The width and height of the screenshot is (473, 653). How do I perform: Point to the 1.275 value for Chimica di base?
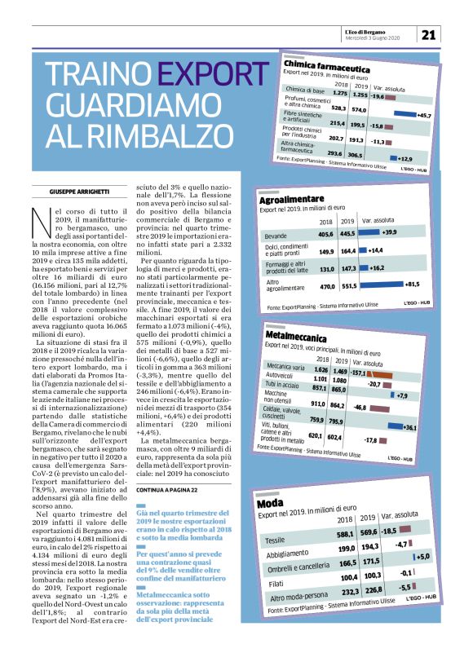point(340,94)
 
